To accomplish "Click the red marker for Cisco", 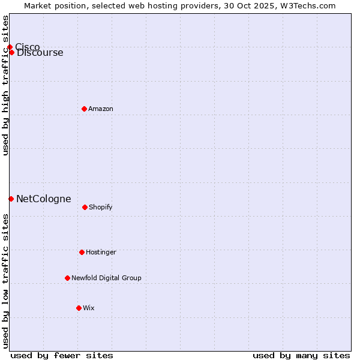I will (x=10, y=47).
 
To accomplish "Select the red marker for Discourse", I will (x=11, y=52).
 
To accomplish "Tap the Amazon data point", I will (x=84, y=109).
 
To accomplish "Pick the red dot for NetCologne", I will (x=11, y=199).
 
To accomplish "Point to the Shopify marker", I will (x=85, y=207).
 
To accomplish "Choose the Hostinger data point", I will (x=82, y=252).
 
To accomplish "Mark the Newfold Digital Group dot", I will (x=67, y=278).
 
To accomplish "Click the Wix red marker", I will (x=79, y=308).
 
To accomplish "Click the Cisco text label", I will (x=28, y=47).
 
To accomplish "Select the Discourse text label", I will (x=40, y=53).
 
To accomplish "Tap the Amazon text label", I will (x=101, y=109).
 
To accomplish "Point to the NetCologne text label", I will (x=44, y=199).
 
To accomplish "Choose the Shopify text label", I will (x=101, y=207).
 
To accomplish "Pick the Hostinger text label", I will (x=101, y=252).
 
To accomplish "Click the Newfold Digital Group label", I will (x=106, y=278).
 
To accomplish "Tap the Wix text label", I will (x=89, y=308).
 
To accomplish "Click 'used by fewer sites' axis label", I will (x=62, y=355).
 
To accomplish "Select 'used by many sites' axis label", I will (x=301, y=355).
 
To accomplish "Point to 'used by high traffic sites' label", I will (x=5, y=85).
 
